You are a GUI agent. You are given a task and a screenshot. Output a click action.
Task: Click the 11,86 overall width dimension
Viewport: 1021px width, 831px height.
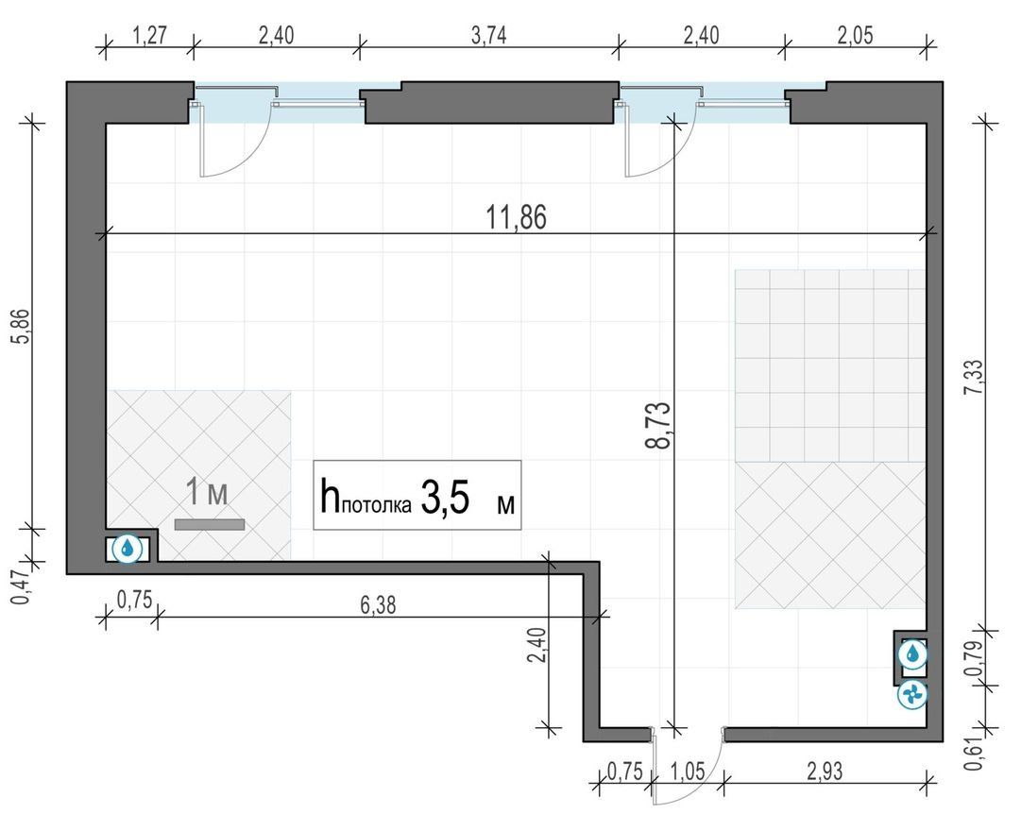click(517, 217)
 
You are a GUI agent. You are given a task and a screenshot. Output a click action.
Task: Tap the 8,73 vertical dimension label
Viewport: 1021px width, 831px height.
click(657, 425)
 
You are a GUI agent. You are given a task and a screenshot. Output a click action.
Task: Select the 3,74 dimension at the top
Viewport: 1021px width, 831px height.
click(488, 35)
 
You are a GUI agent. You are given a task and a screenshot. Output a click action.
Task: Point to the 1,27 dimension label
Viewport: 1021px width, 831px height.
click(150, 35)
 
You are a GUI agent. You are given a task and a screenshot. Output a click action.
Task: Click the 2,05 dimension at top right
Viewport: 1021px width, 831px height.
click(855, 35)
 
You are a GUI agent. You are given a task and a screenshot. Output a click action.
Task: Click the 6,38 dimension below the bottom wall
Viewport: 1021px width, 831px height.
click(378, 605)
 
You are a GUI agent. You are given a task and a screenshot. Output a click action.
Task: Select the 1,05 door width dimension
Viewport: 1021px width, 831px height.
click(688, 772)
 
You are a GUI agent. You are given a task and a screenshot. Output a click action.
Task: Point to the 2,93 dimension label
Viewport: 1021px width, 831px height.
click(825, 772)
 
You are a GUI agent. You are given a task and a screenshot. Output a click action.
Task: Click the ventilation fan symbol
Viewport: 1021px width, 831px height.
click(912, 695)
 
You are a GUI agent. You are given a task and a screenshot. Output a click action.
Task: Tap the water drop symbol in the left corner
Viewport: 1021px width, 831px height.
click(128, 548)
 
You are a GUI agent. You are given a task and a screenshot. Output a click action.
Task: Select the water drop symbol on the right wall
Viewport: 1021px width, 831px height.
click(912, 653)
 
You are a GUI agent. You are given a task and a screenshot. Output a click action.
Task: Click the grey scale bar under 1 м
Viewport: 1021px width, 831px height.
click(210, 524)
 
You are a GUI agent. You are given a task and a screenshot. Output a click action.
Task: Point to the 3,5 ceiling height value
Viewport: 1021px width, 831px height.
click(446, 499)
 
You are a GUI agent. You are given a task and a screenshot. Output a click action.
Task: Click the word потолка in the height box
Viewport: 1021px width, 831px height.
click(376, 505)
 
